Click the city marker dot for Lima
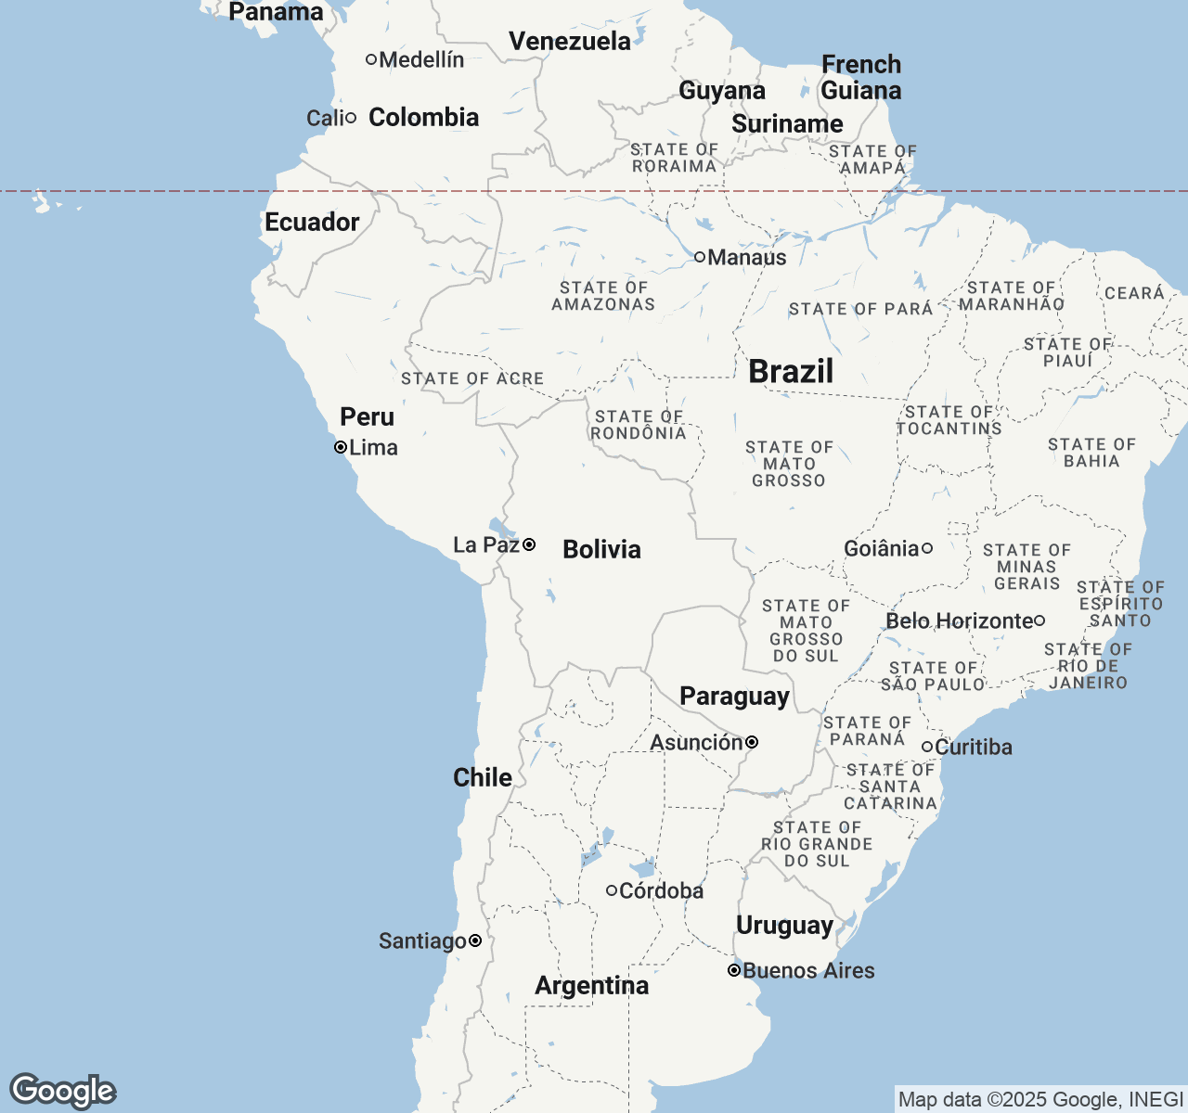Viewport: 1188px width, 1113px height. tap(341, 447)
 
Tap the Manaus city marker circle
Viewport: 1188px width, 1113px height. tap(700, 257)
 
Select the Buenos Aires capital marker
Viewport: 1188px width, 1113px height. tap(733, 970)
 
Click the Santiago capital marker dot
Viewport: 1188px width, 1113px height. tap(475, 940)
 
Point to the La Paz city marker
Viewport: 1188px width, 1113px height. tap(529, 544)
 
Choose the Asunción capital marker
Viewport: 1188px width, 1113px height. tap(752, 742)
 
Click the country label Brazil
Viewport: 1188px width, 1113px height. tap(791, 371)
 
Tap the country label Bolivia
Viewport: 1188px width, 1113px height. tap(601, 549)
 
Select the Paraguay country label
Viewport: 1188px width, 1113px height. tap(734, 697)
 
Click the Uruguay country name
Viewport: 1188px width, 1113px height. tap(784, 926)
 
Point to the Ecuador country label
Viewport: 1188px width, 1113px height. tap(312, 223)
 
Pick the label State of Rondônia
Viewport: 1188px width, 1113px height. tap(639, 425)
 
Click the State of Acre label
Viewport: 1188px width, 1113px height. tap(472, 378)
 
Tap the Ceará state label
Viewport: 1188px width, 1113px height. tap(1134, 293)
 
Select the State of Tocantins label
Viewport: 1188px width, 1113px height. tap(949, 420)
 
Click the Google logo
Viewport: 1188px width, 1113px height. tap(62, 1091)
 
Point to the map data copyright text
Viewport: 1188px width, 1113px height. tap(1039, 1100)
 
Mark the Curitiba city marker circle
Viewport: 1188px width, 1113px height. tap(926, 747)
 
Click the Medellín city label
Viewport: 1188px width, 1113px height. tap(421, 59)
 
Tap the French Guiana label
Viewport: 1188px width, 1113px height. tap(861, 78)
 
